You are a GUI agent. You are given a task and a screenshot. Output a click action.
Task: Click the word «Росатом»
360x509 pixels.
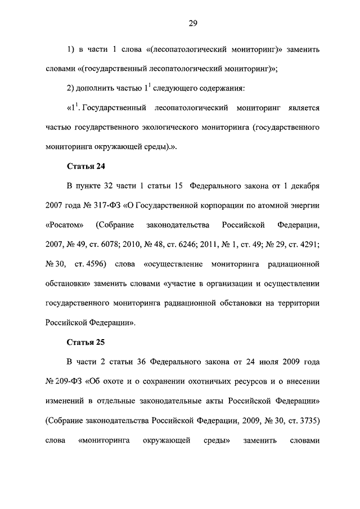pyautogui.click(x=64, y=225)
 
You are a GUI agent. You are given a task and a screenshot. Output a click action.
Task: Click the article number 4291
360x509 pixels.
pyautogui.click(x=307, y=245)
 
